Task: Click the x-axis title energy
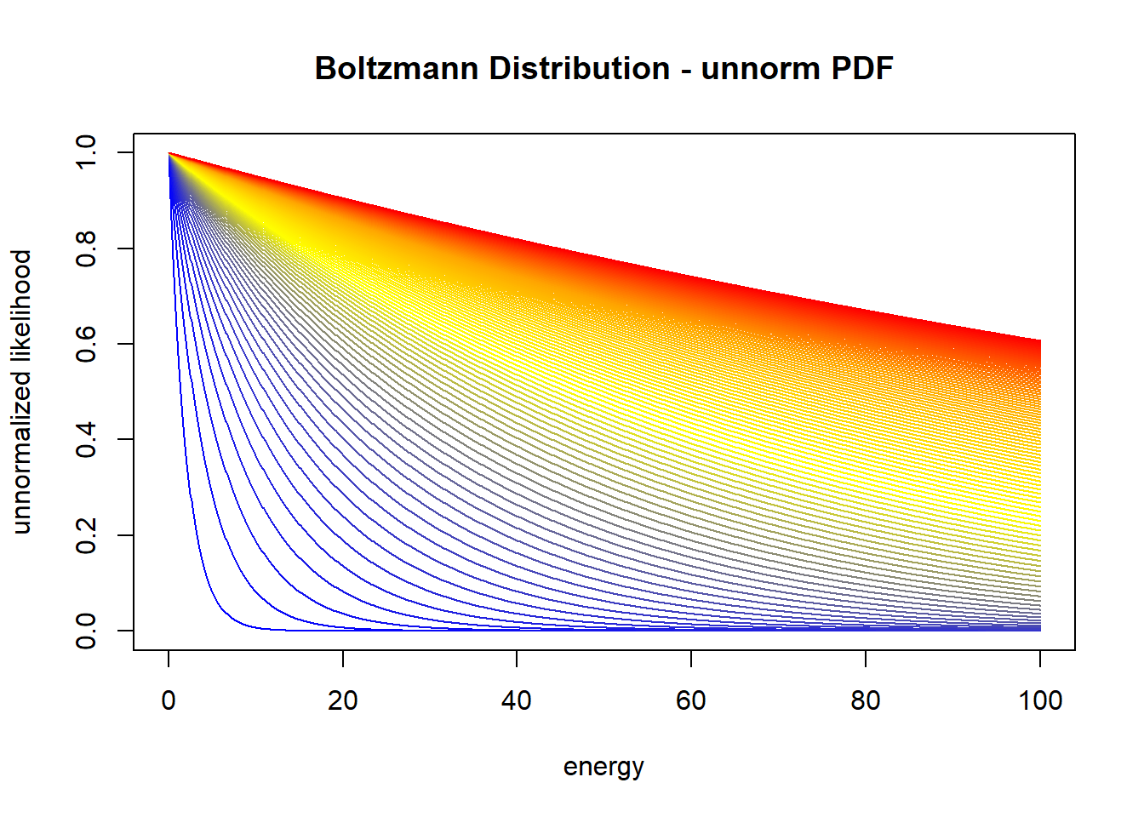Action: tap(603, 767)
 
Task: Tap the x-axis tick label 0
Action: tap(169, 700)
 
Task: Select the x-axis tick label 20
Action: tap(343, 700)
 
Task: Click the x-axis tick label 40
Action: tap(517, 700)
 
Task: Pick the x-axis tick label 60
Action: tap(691, 700)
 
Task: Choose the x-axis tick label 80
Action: tap(866, 700)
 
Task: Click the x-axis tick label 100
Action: tap(1040, 700)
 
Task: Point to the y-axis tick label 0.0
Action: tap(86, 631)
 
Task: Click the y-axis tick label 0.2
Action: tap(86, 535)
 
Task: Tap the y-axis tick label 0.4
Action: tap(86, 439)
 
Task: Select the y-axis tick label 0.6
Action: tap(86, 344)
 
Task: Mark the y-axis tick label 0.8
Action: tap(86, 249)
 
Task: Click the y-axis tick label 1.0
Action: tap(86, 153)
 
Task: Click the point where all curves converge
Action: tap(169, 153)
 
